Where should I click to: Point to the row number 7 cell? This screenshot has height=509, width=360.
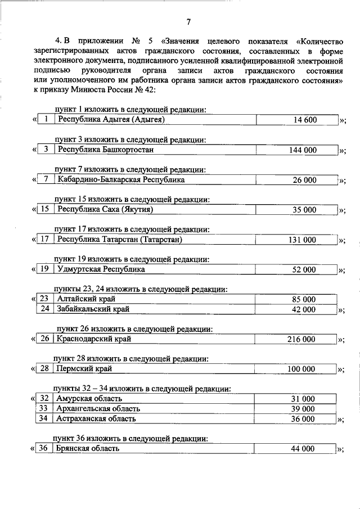(44, 180)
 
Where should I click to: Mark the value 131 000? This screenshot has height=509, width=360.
(301, 240)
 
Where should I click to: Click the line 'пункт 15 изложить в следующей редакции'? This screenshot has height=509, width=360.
(132, 199)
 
